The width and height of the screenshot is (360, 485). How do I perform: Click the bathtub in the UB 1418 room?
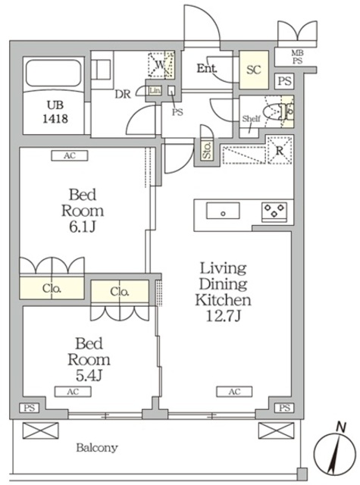pyautogui.click(x=54, y=74)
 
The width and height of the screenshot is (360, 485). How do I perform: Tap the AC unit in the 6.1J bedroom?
pyautogui.click(x=70, y=155)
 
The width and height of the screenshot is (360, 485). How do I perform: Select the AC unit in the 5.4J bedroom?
pyautogui.click(x=73, y=392)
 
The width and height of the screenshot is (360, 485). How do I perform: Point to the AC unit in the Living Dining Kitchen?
pyautogui.click(x=234, y=392)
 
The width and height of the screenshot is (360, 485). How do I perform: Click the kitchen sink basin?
pyautogui.click(x=223, y=211)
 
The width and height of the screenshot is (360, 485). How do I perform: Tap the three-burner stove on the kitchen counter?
pyautogui.click(x=274, y=212)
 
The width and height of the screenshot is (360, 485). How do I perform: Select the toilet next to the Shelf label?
pyautogui.click(x=278, y=112)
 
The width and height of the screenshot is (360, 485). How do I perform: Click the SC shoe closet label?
pyautogui.click(x=254, y=70)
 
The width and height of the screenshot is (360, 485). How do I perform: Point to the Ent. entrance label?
pyautogui.click(x=207, y=68)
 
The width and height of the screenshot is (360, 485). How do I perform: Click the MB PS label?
pyautogui.click(x=297, y=58)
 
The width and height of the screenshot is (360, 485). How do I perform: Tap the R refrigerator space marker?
pyautogui.click(x=280, y=151)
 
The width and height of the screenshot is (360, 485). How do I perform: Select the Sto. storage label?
pyautogui.click(x=207, y=151)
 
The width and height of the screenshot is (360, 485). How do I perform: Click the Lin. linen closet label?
pyautogui.click(x=155, y=91)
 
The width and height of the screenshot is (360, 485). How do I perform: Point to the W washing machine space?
pyautogui.click(x=161, y=64)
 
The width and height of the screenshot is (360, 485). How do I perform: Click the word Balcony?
pyautogui.click(x=97, y=448)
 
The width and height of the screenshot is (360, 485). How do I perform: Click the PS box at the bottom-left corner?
pyautogui.click(x=30, y=408)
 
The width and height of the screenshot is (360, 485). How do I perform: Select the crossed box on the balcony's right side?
pyautogui.click(x=276, y=430)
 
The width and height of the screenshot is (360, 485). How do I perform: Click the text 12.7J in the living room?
pyautogui.click(x=224, y=316)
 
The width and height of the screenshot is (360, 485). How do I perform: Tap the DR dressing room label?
pyautogui.click(x=123, y=94)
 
